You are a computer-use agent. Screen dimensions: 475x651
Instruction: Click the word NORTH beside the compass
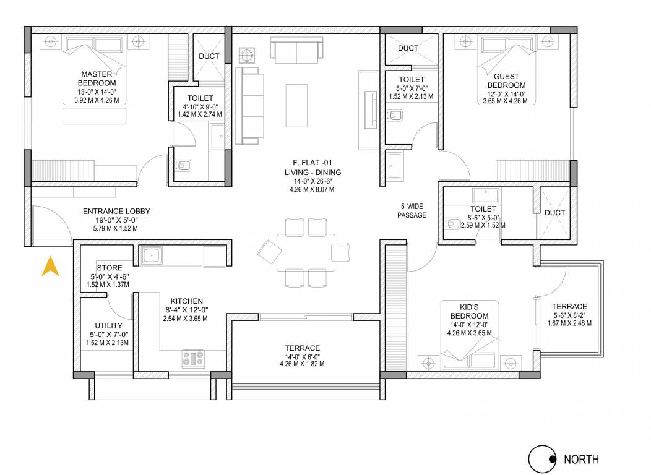581,460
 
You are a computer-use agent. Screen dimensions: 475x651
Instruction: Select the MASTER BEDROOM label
97,79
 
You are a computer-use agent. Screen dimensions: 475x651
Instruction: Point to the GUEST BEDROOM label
506,80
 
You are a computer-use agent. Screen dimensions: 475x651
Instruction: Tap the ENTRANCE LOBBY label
116,212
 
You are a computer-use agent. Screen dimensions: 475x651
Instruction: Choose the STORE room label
109,268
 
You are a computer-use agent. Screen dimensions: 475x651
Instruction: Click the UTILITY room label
108,325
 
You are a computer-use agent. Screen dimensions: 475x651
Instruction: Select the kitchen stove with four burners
193,358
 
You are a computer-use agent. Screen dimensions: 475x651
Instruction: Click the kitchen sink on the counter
152,254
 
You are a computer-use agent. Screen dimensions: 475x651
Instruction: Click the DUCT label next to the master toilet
209,56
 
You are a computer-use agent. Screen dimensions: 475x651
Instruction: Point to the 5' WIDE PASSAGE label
412,211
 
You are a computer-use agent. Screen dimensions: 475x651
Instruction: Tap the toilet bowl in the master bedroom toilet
183,165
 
